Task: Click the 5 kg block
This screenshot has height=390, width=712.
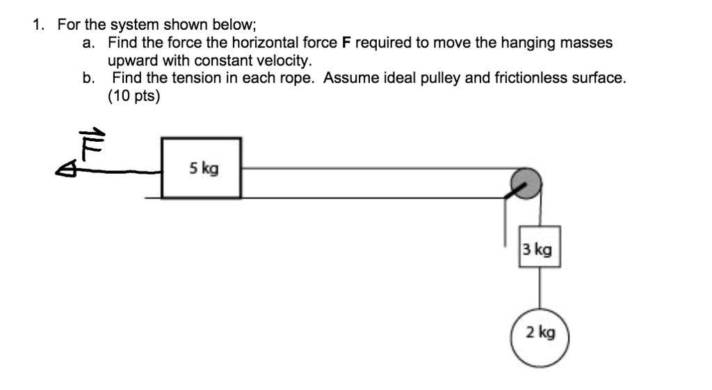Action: point(202,168)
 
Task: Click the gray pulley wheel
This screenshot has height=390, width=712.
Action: point(526,182)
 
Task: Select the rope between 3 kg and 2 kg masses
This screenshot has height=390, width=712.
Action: point(540,288)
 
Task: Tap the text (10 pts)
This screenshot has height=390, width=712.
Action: point(133,96)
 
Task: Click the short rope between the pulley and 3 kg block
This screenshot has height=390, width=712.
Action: point(540,212)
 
